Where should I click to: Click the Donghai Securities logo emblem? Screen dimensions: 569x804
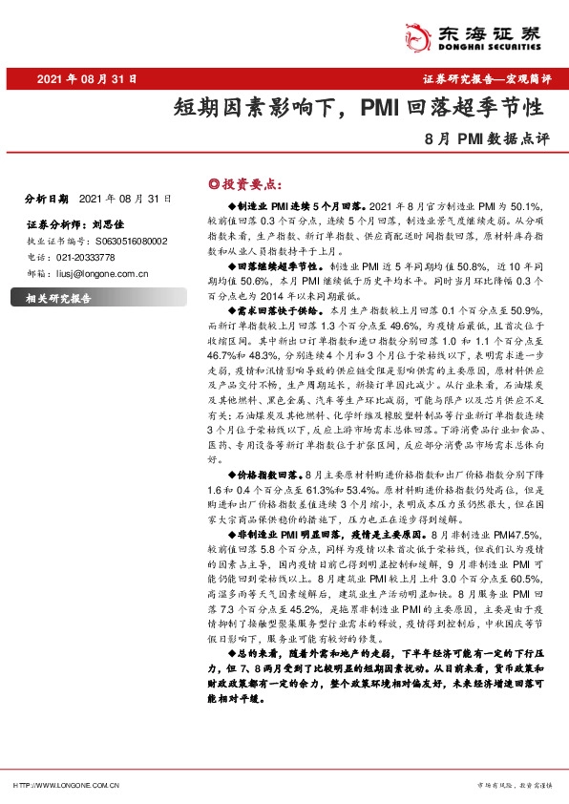click(x=417, y=33)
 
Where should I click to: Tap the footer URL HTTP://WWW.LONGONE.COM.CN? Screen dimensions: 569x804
click(x=65, y=784)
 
